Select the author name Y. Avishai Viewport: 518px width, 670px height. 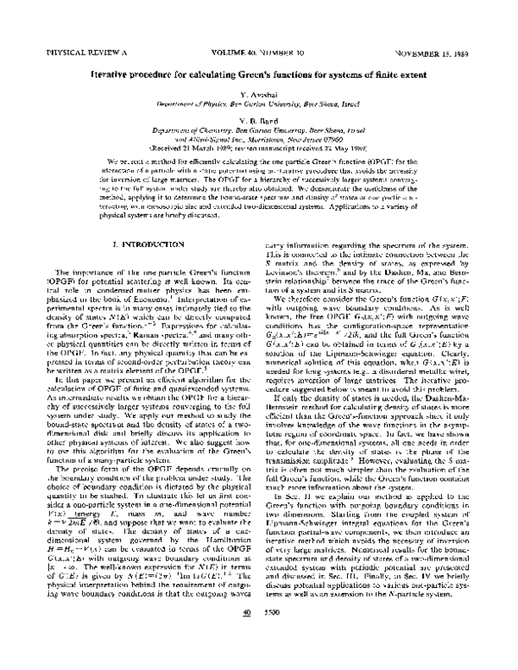click(x=258, y=93)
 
